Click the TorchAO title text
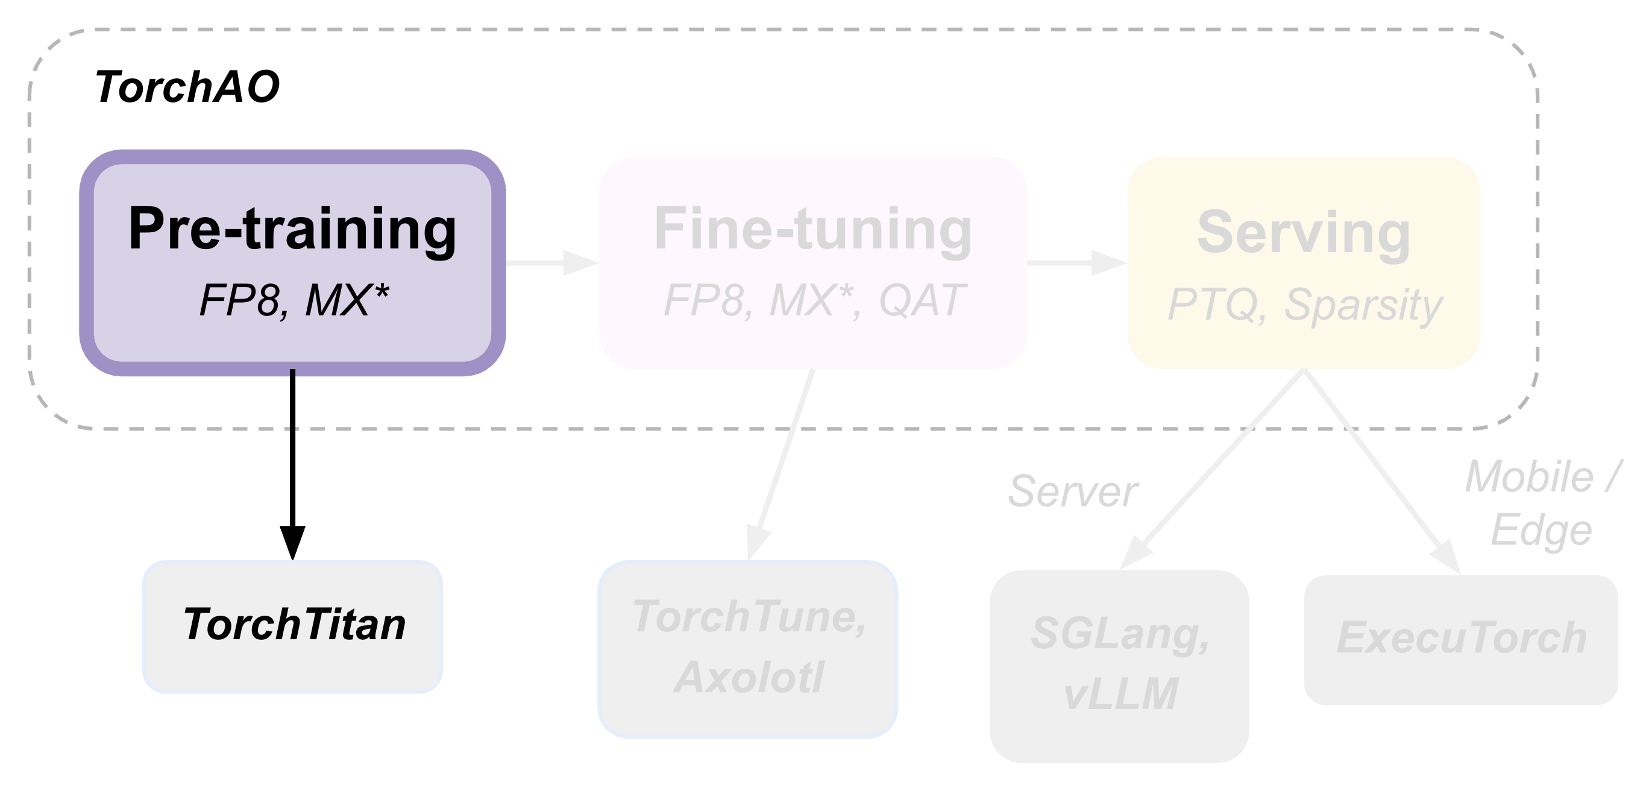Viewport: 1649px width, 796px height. click(x=187, y=87)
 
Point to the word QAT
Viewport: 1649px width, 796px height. click(x=922, y=300)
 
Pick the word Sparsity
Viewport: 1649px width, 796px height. click(x=1363, y=304)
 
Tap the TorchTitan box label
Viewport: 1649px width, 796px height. click(x=294, y=624)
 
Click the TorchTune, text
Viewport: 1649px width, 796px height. click(x=749, y=617)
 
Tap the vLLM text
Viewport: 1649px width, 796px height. click(x=1120, y=694)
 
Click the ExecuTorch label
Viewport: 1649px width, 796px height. click(x=1462, y=638)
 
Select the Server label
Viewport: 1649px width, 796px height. click(x=1073, y=492)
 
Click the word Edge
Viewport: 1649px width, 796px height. click(x=1541, y=530)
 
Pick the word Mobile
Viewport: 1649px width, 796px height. click(x=1529, y=477)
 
